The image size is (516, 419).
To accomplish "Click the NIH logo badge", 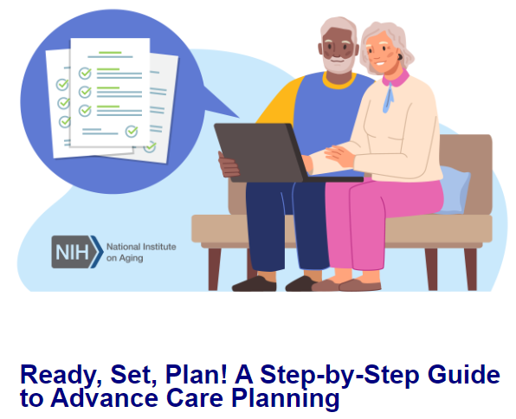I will [77, 252].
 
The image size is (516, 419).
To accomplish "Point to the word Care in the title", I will [192, 399].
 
